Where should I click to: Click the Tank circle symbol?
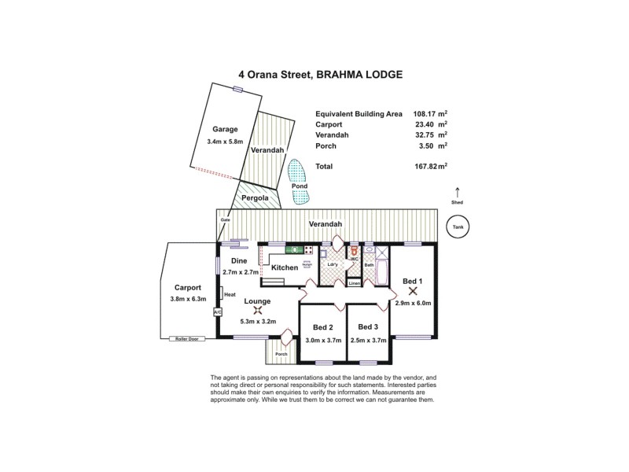pyautogui.click(x=457, y=228)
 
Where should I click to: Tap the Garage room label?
pyautogui.click(x=225, y=130)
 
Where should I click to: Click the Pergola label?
pyautogui.click(x=255, y=198)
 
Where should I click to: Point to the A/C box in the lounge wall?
pyautogui.click(x=218, y=312)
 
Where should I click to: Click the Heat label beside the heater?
pyautogui.click(x=230, y=295)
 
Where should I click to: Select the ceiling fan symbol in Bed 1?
pyautogui.click(x=413, y=290)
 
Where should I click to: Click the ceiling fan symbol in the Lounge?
pyautogui.click(x=257, y=310)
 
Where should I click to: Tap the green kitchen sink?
pyautogui.click(x=295, y=250)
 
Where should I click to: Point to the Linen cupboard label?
pyautogui.click(x=355, y=282)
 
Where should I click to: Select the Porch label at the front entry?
pyautogui.click(x=281, y=355)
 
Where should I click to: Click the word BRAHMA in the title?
pyautogui.click(x=342, y=75)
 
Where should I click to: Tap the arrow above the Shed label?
pyautogui.click(x=458, y=191)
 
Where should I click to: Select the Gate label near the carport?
pyautogui.click(x=225, y=219)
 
